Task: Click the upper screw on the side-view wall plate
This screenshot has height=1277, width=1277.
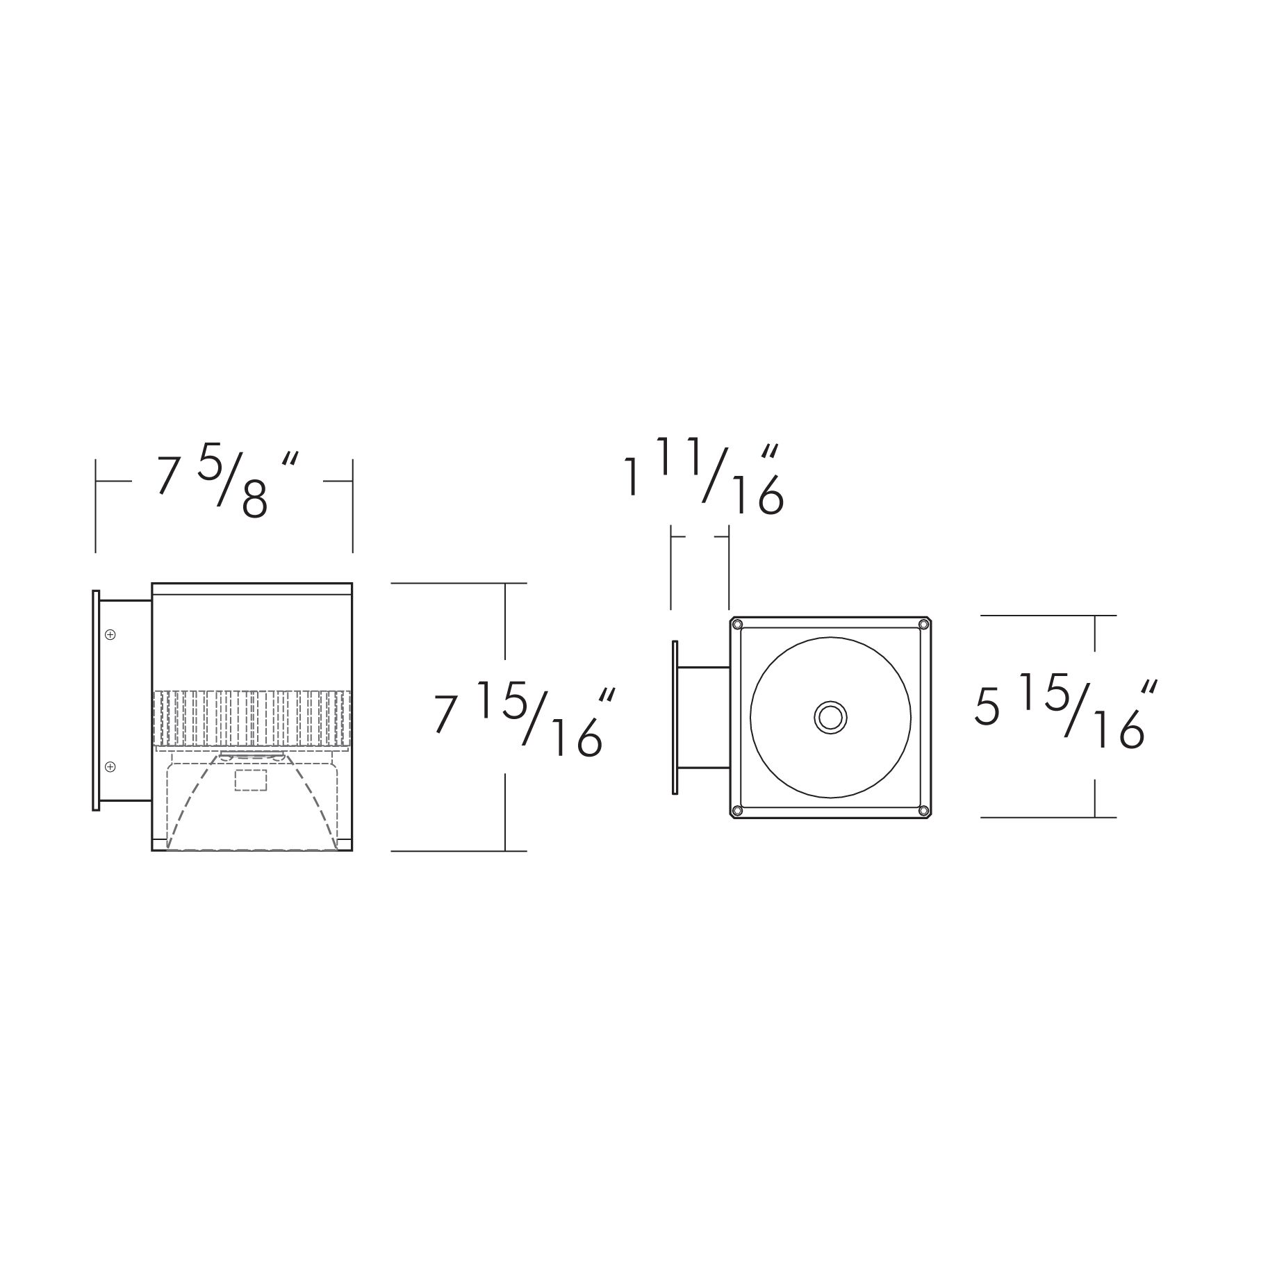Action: click(x=110, y=634)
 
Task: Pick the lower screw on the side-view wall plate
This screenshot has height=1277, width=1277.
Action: click(x=110, y=766)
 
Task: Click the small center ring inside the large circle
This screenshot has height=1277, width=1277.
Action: click(x=830, y=717)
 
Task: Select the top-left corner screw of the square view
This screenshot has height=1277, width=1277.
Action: click(x=738, y=624)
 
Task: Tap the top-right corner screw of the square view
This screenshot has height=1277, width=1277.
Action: click(x=923, y=624)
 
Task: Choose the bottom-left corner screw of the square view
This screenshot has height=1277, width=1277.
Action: click(x=738, y=810)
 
